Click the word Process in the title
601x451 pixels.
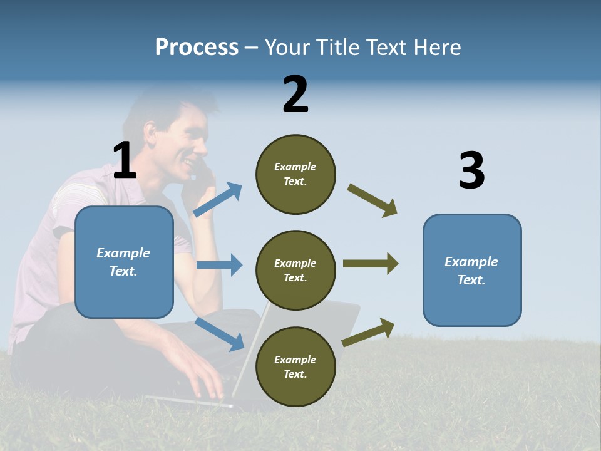[x=197, y=48]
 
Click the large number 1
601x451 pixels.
[x=125, y=160]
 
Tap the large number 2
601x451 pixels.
[x=295, y=95]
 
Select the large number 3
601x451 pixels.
[x=471, y=170]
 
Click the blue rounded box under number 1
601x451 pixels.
[x=124, y=262]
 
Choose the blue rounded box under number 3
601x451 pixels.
[x=472, y=270]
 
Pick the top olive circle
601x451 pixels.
[x=295, y=174]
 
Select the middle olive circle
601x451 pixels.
[x=295, y=270]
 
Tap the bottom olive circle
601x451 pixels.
[x=295, y=366]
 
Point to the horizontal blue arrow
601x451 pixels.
[x=219, y=265]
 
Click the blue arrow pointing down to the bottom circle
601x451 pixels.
[x=219, y=333]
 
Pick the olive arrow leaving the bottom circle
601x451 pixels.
[x=369, y=332]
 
